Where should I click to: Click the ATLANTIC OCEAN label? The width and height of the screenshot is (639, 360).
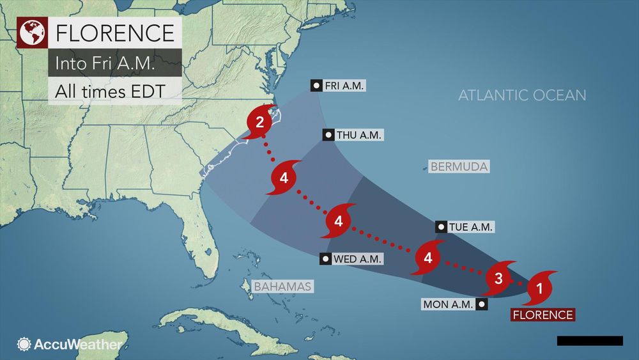coord(522,95)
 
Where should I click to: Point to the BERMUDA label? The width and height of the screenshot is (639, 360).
coord(459,167)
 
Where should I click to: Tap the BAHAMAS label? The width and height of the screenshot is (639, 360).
coord(282,286)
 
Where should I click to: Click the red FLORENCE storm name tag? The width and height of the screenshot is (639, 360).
coord(542,315)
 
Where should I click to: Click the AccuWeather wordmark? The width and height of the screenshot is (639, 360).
coord(79,344)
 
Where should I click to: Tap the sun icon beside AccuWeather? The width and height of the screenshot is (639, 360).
coord(24,344)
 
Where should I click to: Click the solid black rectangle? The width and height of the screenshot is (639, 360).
coord(589,341)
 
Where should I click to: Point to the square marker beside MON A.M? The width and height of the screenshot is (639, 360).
coord(481,304)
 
